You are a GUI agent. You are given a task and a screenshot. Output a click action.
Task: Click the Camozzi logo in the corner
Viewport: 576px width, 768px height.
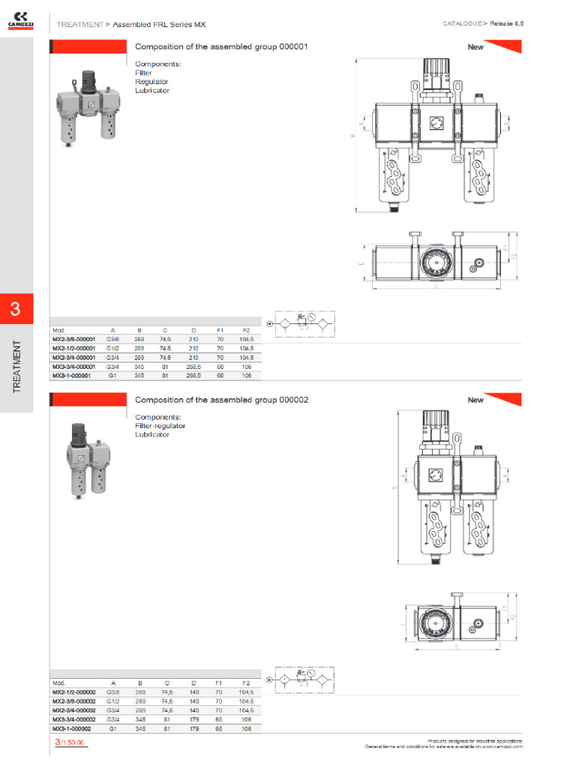coord(19,19)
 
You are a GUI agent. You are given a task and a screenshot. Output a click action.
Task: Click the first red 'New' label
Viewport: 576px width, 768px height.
coord(476,46)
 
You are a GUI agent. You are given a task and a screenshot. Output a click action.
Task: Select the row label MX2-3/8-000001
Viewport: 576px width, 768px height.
coord(73,339)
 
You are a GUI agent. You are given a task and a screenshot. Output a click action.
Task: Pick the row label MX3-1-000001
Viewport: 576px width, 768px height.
coord(71,375)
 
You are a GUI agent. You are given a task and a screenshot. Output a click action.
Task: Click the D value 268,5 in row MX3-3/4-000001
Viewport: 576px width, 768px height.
coord(193,366)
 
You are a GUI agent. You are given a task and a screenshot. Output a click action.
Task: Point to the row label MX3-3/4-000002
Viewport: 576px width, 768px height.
coord(73,719)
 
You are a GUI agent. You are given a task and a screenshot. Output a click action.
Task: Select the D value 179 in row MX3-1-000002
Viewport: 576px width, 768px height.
coord(193,728)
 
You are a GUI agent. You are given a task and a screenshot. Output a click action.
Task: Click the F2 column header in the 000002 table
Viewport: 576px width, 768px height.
coord(245,683)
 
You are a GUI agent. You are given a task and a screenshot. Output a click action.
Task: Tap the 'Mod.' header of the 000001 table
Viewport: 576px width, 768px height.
coord(58,330)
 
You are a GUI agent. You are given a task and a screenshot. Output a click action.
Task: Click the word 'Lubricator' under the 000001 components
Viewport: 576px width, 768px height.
coord(152,90)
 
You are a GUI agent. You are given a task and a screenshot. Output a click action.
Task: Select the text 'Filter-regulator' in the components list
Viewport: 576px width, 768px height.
coord(160,426)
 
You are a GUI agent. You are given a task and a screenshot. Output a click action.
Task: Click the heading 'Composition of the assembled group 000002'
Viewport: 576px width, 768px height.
coord(221,400)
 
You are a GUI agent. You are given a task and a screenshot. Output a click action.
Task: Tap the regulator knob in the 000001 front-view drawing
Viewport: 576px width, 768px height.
coord(433,71)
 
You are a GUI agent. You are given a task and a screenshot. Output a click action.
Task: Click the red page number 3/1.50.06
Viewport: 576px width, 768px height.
coord(70,742)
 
